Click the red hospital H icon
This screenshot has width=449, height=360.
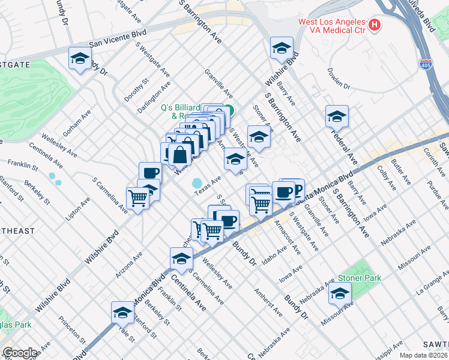(375, 25)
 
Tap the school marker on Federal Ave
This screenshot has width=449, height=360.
(337, 116)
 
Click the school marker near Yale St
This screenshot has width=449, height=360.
(122, 313)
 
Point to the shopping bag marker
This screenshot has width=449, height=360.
(179, 154)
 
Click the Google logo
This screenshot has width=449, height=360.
(20, 352)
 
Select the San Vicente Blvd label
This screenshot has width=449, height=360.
(118, 43)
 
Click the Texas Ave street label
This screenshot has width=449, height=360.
(208, 185)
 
